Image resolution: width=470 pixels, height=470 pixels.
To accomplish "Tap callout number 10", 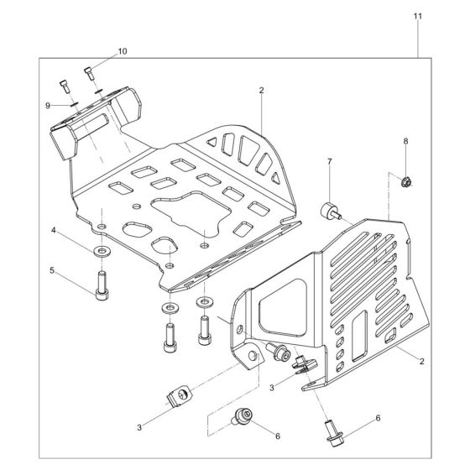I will coord(123,51).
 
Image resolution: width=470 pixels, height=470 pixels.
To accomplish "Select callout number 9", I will coord(49,104).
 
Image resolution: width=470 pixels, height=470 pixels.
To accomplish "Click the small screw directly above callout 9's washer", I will coord(65,85).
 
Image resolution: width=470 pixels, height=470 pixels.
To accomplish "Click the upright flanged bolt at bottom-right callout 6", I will coord(330,436).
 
